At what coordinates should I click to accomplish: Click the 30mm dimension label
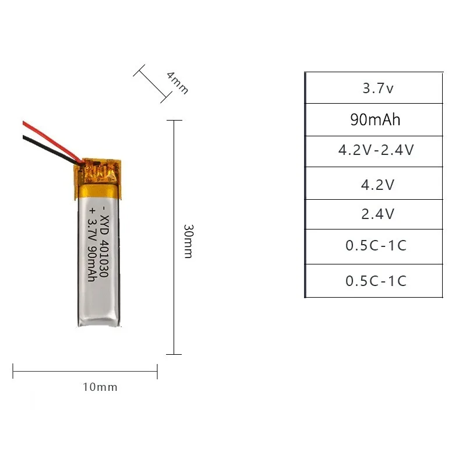(x=188, y=241)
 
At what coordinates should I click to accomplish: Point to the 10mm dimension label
(x=100, y=387)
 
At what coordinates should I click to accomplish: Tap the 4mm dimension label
(x=177, y=83)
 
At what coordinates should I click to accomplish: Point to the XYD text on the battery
(x=104, y=228)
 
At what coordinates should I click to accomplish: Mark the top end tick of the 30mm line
(x=174, y=121)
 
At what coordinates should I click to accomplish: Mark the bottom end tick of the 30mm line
(x=174, y=354)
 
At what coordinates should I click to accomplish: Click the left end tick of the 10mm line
(x=13, y=371)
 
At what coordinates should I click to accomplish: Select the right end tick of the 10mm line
(x=157, y=371)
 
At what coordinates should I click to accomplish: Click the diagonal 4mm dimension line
(x=150, y=84)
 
